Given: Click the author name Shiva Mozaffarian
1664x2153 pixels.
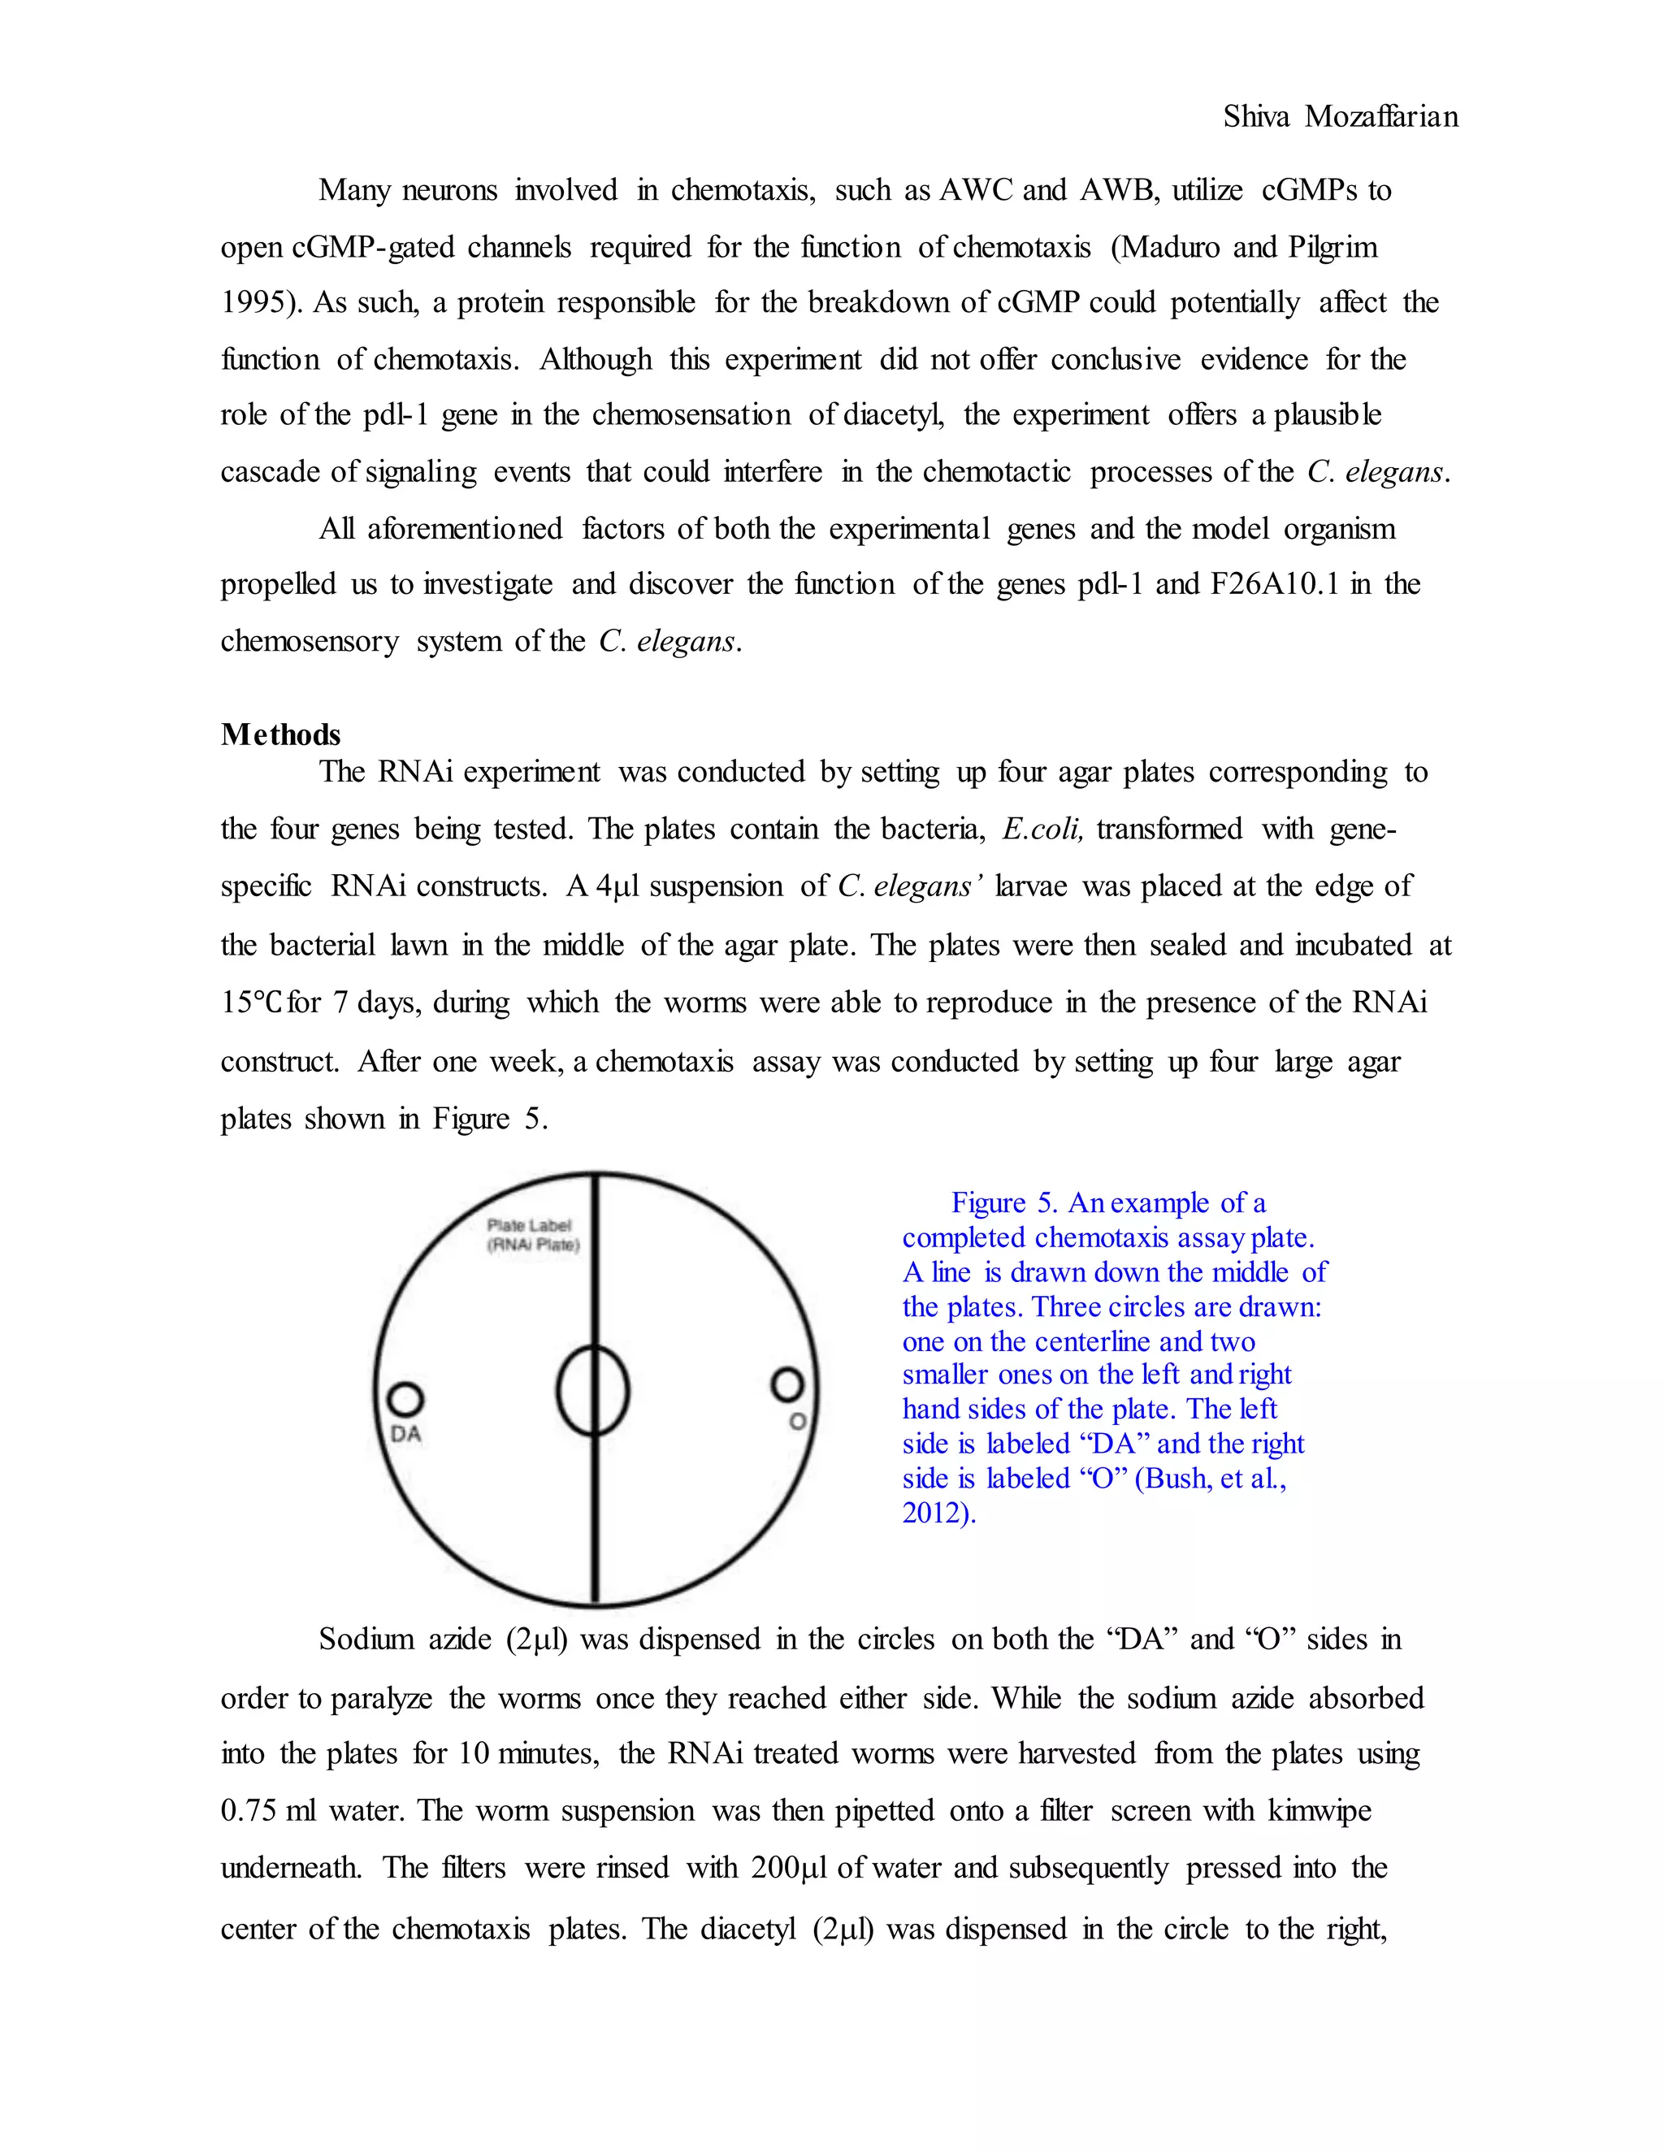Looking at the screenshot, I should tap(1340, 117).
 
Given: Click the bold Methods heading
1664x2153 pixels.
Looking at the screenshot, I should tap(281, 734).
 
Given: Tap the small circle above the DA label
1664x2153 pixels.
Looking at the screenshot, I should tap(405, 1399).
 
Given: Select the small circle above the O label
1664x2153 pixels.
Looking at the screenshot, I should tap(786, 1385).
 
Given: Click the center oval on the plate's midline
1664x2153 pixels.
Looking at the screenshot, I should tap(592, 1391).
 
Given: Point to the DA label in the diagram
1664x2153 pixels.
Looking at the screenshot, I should tap(405, 1434).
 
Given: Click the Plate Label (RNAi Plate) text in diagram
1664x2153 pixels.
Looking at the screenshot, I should tap(533, 1235).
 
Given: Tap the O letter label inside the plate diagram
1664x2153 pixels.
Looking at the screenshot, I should tap(798, 1422).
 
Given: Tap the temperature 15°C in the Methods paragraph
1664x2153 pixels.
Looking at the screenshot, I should tap(253, 1003).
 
